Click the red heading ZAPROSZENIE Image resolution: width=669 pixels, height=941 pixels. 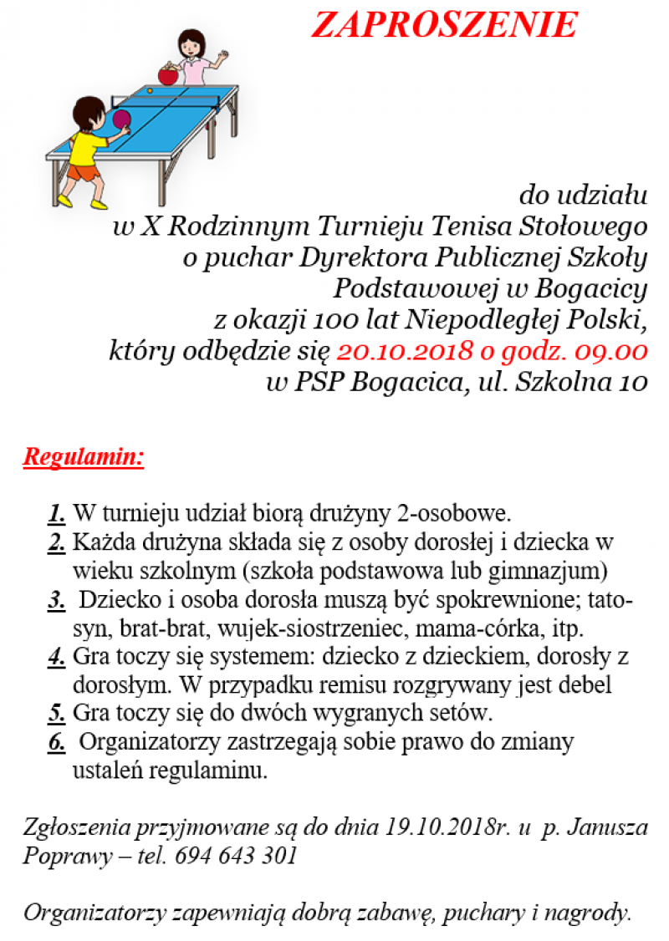click(x=444, y=25)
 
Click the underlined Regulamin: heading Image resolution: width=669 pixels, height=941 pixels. click(x=84, y=457)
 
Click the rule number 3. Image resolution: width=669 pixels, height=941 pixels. click(x=57, y=601)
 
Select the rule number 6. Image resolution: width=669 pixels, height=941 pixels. click(x=57, y=742)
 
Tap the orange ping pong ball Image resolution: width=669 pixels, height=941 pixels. click(x=150, y=89)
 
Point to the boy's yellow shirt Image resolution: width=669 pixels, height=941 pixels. click(x=88, y=147)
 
